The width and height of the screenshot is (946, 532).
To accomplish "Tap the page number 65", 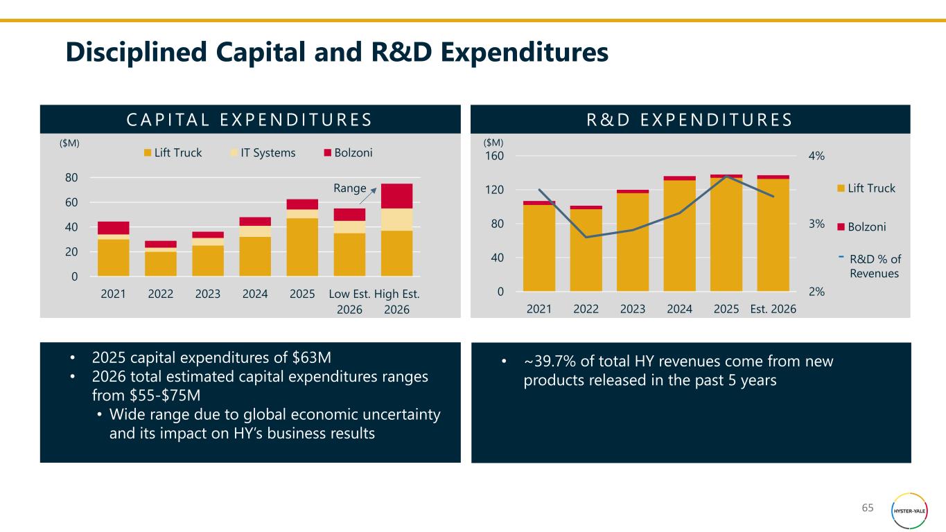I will (x=868, y=508).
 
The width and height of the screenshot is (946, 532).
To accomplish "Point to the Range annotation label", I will (x=349, y=188).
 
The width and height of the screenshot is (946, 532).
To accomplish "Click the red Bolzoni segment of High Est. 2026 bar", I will (x=396, y=196).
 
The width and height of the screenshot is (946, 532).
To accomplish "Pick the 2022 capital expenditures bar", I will (x=161, y=260).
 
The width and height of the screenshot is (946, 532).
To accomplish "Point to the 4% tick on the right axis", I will (x=816, y=156).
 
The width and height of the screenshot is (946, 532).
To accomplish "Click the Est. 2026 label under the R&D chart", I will (x=773, y=309).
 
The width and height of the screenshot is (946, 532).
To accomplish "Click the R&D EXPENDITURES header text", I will (x=690, y=119).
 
